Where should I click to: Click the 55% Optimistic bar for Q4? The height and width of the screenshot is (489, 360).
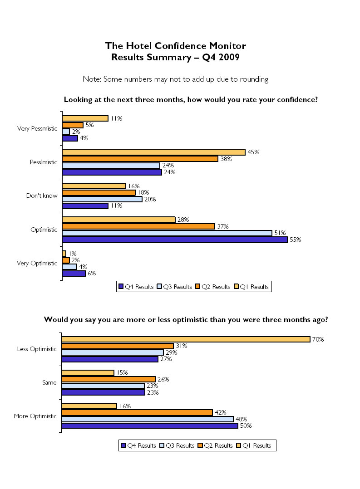[174, 240]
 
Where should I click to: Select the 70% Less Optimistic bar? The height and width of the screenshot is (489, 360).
[186, 339]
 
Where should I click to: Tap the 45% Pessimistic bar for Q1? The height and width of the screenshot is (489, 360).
[153, 152]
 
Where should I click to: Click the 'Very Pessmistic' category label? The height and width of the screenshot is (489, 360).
[37, 128]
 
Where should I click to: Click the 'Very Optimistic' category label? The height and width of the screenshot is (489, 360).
[37, 263]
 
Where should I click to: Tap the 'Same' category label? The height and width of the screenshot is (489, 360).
[49, 382]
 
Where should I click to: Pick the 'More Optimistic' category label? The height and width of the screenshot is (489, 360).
[36, 416]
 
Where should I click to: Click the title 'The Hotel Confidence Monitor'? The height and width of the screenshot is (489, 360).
[175, 46]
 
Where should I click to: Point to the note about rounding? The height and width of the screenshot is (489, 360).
[175, 79]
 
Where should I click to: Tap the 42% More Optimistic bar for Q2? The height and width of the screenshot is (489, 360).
[137, 412]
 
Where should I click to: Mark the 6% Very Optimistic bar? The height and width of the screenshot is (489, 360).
[74, 273]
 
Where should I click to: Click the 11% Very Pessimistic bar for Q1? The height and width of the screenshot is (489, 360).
[85, 118]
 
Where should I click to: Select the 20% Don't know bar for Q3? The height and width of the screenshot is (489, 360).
[102, 199]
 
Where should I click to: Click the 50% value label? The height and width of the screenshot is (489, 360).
[246, 425]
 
